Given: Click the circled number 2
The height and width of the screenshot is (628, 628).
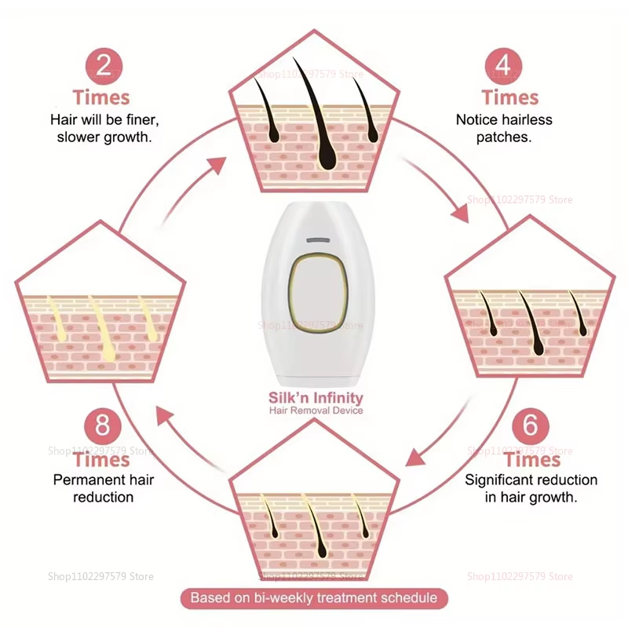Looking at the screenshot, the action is pyautogui.click(x=104, y=66).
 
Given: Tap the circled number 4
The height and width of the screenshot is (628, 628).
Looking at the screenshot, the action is pyautogui.click(x=503, y=66).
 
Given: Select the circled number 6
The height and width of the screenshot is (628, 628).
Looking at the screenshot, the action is pyautogui.click(x=531, y=425).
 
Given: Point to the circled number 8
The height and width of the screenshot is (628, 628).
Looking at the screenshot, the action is pyautogui.click(x=103, y=425).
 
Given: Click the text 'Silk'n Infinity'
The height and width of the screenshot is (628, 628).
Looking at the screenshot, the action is pyautogui.click(x=316, y=398).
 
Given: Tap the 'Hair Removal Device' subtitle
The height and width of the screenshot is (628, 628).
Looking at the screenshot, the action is pyautogui.click(x=316, y=410).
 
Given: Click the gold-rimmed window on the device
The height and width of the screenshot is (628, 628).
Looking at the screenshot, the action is pyautogui.click(x=319, y=293).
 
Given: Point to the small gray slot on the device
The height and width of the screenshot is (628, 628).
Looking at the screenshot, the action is pyautogui.click(x=318, y=240).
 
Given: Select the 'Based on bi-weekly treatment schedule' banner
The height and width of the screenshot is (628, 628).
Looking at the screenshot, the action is pyautogui.click(x=314, y=598).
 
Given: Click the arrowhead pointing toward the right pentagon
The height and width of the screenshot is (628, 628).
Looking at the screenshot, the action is pyautogui.click(x=461, y=212).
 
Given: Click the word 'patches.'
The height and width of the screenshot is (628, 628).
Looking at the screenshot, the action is pyautogui.click(x=504, y=137).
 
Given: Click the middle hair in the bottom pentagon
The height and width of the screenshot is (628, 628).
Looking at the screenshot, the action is pyautogui.click(x=316, y=527).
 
